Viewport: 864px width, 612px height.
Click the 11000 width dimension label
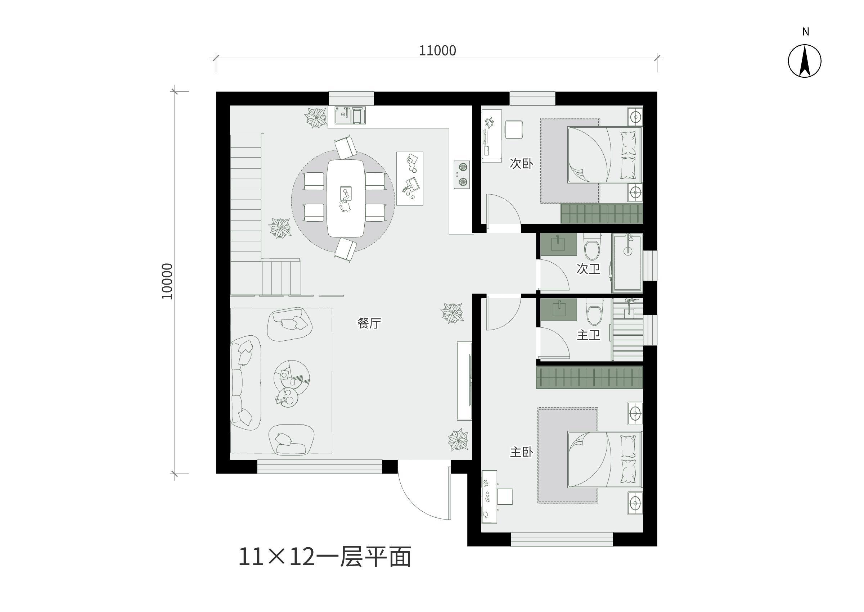pyautogui.click(x=437, y=50)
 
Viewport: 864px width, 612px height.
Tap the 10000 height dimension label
pyautogui.click(x=167, y=281)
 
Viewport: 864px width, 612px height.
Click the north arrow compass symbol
pyautogui.click(x=805, y=61)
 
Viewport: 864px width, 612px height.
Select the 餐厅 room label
pyautogui.click(x=369, y=323)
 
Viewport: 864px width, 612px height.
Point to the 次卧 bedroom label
pyautogui.click(x=521, y=163)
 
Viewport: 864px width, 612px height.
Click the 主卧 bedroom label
pyautogui.click(x=521, y=452)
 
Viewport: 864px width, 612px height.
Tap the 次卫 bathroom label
pyautogui.click(x=589, y=269)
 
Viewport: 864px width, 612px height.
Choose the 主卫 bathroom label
pyautogui.click(x=589, y=335)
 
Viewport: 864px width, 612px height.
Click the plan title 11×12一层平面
pyautogui.click(x=325, y=557)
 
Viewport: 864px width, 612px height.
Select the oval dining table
pyautogui.click(x=345, y=198)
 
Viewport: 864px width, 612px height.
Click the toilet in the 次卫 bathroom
pyautogui.click(x=592, y=247)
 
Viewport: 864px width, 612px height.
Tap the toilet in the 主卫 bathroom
pyautogui.click(x=594, y=312)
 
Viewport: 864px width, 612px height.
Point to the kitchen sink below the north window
pyautogui.click(x=350, y=115)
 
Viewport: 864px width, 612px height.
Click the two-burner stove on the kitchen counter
pyautogui.click(x=462, y=174)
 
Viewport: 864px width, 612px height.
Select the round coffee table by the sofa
pyautogui.click(x=291, y=378)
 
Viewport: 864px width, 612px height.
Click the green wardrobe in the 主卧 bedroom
pyautogui.click(x=590, y=377)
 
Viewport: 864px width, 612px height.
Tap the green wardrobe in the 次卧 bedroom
pyautogui.click(x=602, y=214)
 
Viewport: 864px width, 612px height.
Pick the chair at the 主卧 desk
pyautogui.click(x=505, y=496)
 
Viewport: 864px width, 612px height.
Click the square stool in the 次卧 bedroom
pyautogui.click(x=514, y=130)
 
